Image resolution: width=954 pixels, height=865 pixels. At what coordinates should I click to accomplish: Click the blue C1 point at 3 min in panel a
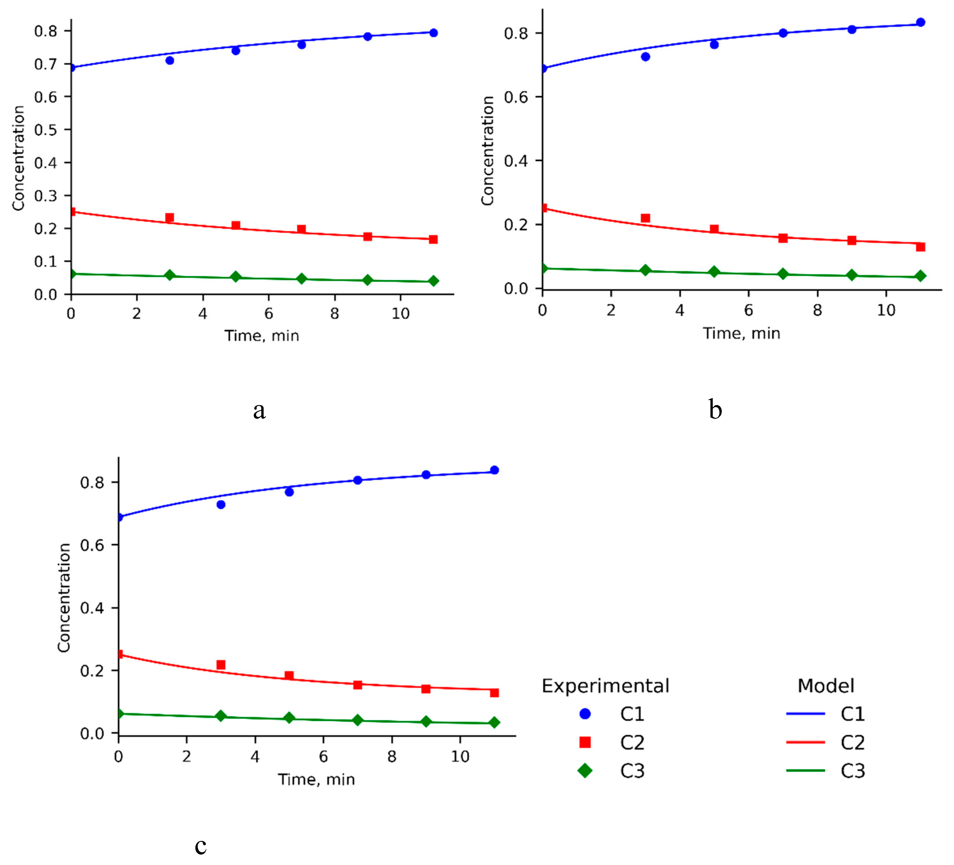coord(170,61)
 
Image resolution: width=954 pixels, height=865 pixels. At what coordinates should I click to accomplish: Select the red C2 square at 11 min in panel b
coord(920,247)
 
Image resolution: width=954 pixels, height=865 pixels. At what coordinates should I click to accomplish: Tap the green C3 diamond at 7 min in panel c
coord(358,720)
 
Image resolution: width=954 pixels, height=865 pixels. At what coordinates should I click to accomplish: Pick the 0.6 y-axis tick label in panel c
coord(92,545)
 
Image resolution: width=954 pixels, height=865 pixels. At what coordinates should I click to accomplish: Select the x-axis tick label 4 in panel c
coord(255,757)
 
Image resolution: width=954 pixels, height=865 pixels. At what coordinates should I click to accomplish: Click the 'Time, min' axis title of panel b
coord(741,333)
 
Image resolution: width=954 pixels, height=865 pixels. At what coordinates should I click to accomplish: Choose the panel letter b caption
coord(715,409)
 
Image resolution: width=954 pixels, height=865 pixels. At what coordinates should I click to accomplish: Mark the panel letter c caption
coord(201,846)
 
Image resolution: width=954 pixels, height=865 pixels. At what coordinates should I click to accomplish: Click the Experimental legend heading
coord(605,686)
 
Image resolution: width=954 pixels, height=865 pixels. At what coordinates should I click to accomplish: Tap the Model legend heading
coord(826,686)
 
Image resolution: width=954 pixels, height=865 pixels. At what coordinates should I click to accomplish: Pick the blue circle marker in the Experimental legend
coord(585,714)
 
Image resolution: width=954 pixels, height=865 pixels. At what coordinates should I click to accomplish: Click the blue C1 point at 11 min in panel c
coord(494,470)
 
